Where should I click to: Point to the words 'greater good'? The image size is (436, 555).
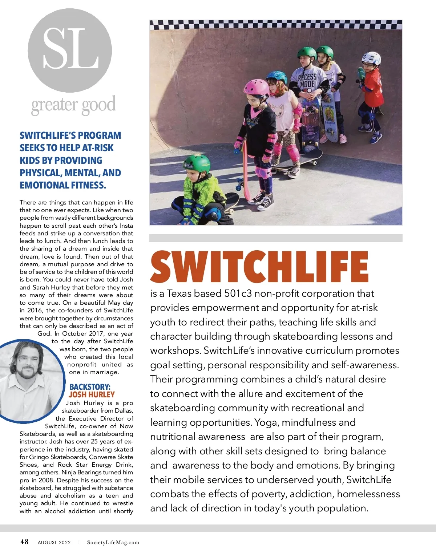74,105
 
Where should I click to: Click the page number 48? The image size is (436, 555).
24,542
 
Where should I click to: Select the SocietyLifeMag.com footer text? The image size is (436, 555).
113,543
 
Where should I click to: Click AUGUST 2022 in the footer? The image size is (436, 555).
54,543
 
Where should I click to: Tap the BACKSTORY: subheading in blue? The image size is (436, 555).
90,387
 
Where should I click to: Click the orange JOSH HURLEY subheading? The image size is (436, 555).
92,394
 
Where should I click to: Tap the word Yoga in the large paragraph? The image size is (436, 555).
267,422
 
